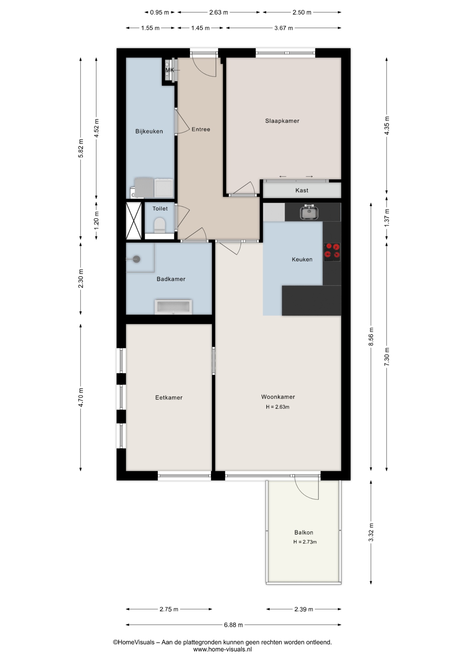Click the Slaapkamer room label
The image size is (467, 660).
click(282, 121)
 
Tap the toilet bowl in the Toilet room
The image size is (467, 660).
click(160, 225)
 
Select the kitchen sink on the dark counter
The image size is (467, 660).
click(309, 212)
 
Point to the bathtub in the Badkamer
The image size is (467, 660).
click(173, 307)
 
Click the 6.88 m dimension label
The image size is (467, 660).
click(233, 625)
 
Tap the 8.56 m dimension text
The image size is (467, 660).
click(371, 337)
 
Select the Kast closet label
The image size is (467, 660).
click(302, 190)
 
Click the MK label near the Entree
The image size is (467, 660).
click(170, 70)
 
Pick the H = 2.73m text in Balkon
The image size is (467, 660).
click(305, 542)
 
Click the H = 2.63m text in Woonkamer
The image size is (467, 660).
click(277, 407)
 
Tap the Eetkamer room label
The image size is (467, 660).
click(169, 398)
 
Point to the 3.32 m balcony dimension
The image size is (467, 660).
click(371, 532)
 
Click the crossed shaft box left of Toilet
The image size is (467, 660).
click(134, 221)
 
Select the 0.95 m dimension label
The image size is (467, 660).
click(159, 12)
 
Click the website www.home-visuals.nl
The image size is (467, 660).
click(222, 649)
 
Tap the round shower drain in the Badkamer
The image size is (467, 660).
click(137, 259)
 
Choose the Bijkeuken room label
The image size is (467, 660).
click(149, 131)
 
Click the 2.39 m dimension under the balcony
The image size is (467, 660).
click(304, 609)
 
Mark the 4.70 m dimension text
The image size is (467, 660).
click(81, 397)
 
